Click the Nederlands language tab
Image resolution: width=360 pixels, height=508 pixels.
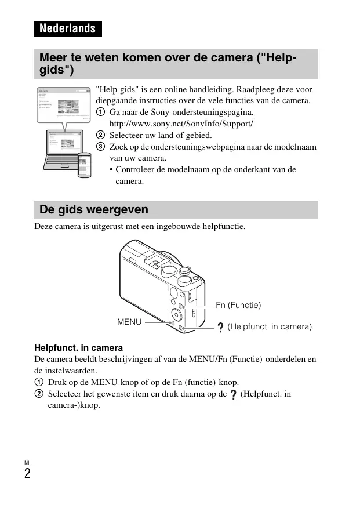coord(68,28)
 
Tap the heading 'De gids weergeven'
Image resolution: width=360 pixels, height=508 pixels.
coord(94,209)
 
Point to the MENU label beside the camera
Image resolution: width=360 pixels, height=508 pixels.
coord(129,321)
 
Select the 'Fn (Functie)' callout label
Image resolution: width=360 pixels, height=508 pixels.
coord(238,305)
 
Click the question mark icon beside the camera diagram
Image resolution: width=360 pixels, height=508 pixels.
coord(220,328)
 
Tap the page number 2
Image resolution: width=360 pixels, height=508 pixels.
coord(27,474)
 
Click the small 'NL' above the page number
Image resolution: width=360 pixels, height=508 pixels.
coord(27,463)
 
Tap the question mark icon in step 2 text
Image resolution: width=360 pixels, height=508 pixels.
coord(233,394)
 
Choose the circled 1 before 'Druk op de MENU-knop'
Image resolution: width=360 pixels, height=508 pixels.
coord(38,382)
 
